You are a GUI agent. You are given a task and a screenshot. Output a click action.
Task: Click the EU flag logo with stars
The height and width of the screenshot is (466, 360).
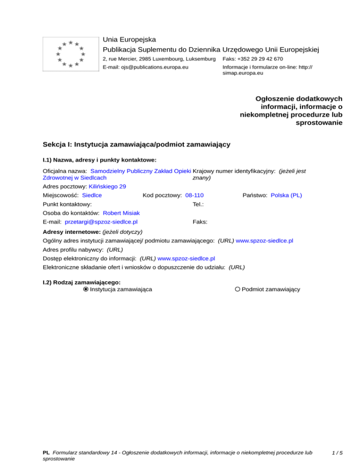point(70,54)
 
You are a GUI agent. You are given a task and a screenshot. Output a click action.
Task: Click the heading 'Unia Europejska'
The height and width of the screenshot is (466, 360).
point(129,39)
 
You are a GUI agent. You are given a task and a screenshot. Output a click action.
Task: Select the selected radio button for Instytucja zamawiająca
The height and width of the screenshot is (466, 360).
point(85,289)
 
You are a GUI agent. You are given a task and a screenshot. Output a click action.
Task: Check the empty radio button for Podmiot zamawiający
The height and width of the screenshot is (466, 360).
point(238,289)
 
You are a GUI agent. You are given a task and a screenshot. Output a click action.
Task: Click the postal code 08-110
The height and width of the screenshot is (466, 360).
point(195,195)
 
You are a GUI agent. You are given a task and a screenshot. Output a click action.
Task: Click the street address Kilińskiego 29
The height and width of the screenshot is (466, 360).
point(107,186)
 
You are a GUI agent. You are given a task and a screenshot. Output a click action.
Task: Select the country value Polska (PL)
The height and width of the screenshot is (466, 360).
point(286,195)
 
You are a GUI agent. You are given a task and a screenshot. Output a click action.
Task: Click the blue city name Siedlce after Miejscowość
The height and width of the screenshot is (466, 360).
point(92,195)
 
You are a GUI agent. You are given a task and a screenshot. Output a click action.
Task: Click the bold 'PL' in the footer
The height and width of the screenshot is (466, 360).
point(46,453)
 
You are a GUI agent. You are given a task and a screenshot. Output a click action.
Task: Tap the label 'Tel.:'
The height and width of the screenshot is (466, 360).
point(197,204)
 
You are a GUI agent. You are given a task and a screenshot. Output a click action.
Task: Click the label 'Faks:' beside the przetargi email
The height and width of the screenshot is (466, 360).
point(200,222)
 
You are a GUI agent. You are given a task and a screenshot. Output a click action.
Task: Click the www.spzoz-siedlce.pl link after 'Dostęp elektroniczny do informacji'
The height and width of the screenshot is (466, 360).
point(186,258)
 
